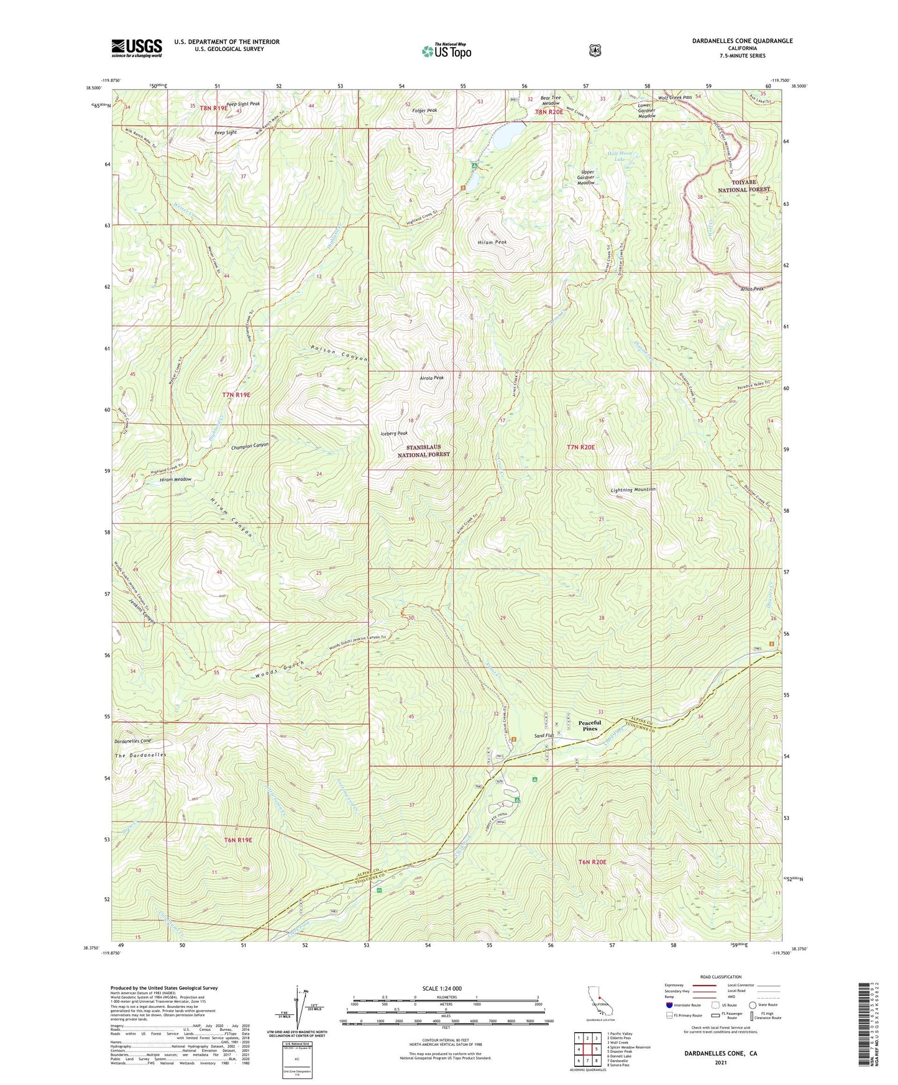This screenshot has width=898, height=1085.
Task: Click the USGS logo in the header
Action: [x=137, y=48]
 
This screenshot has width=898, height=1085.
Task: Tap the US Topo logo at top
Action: [x=446, y=51]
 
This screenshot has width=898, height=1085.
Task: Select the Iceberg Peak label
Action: [x=394, y=433]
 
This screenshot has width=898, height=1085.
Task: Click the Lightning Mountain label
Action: [x=633, y=490]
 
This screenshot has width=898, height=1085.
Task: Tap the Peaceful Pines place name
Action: [x=590, y=725]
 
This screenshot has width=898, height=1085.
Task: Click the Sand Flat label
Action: [x=544, y=736]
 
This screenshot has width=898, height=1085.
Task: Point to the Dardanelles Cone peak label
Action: [x=133, y=741]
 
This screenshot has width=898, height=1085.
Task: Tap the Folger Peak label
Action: [x=424, y=110]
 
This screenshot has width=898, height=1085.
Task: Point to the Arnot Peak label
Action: [x=752, y=288]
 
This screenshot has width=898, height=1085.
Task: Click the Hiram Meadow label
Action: [x=175, y=480]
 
